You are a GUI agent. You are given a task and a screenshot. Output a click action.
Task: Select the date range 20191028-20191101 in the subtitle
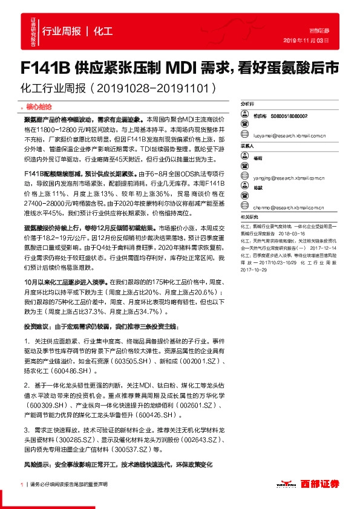(156, 88)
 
